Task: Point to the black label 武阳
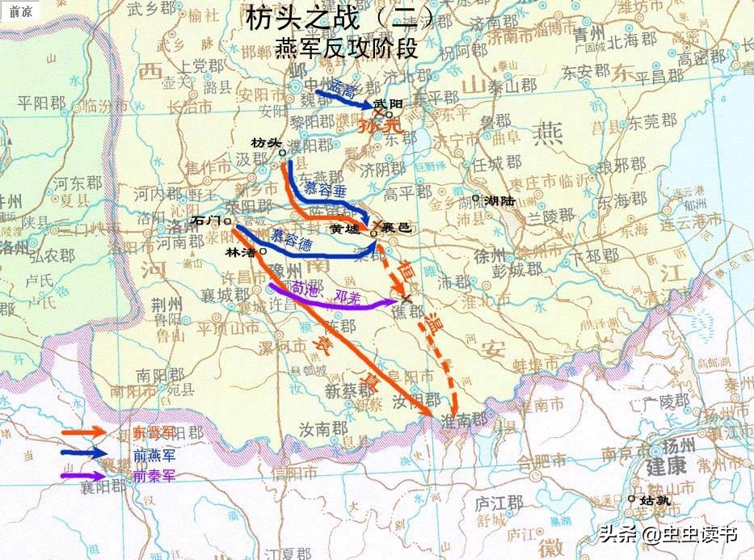tap(389, 103)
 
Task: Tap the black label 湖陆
tap(499, 200)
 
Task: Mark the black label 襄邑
tap(398, 229)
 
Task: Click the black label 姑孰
tap(655, 500)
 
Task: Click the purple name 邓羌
tap(345, 297)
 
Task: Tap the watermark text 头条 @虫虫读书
tap(667, 534)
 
